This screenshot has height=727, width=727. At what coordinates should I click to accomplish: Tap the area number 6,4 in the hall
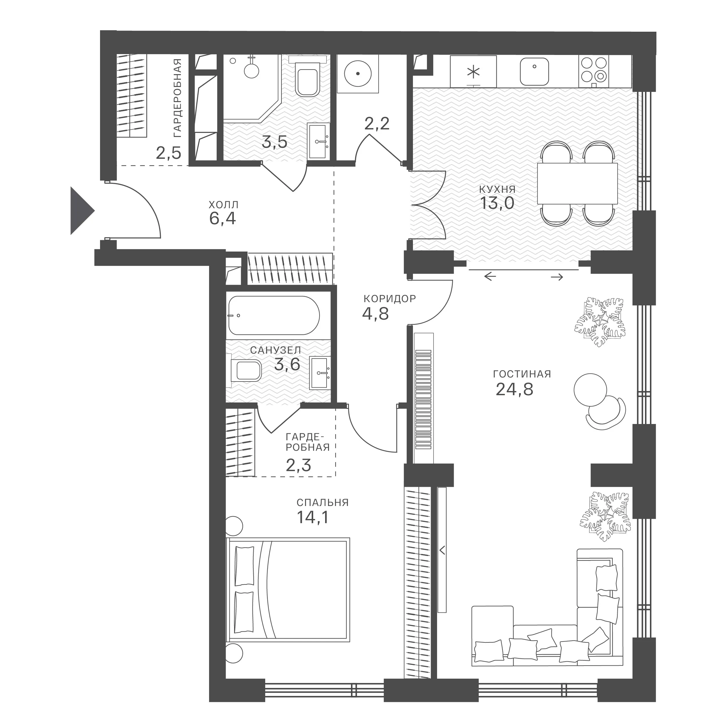[x=222, y=219]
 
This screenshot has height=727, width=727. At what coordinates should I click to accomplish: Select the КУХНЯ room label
[x=497, y=189]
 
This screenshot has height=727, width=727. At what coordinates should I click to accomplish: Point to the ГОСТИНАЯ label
[x=522, y=374]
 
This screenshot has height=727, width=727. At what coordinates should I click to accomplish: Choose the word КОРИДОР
[x=389, y=299]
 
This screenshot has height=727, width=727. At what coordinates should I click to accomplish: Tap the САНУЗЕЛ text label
[x=275, y=350]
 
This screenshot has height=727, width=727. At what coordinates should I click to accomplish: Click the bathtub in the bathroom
[x=274, y=315]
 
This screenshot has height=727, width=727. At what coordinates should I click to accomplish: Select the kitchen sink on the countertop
[x=534, y=72]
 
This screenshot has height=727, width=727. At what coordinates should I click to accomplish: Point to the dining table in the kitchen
[x=577, y=183]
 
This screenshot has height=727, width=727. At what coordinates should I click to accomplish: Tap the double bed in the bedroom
[x=288, y=590]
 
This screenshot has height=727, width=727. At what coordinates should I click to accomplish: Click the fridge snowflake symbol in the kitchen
[x=473, y=72]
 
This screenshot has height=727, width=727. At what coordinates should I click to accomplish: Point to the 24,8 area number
[x=514, y=389]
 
